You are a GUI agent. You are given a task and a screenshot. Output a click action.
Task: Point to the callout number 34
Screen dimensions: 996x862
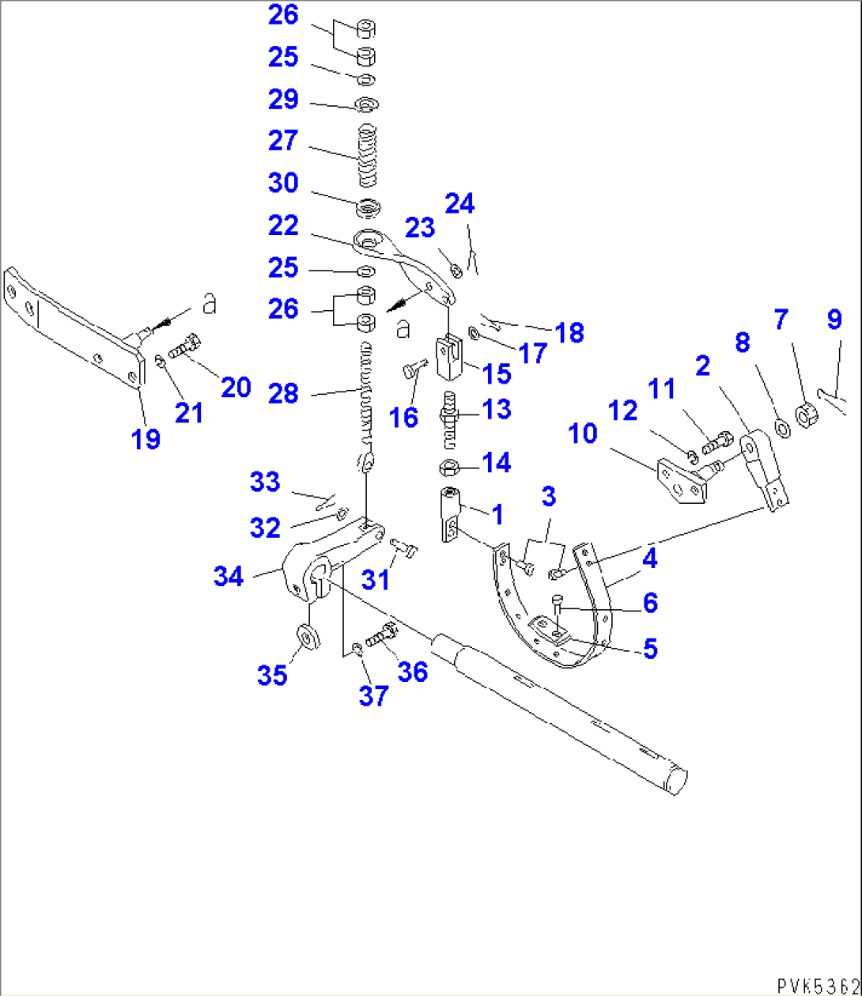coord(229,577)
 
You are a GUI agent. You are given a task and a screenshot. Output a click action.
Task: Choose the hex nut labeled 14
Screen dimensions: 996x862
coord(449,467)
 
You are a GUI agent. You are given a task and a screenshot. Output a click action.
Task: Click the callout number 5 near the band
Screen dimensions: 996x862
coord(649,649)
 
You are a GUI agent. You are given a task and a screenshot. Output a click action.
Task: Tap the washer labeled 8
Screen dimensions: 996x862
coord(781,428)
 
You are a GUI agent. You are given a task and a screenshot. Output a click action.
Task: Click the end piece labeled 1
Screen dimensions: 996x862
coord(448,517)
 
